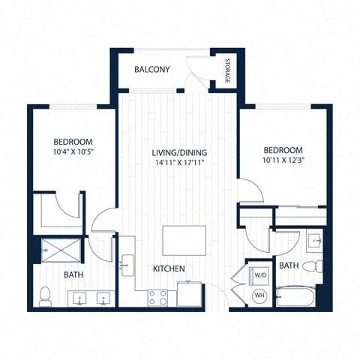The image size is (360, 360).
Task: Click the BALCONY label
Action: tap(151, 70)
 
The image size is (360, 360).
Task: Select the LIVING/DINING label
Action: tap(179, 153)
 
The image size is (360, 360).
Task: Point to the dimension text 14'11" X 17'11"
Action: tap(179, 163)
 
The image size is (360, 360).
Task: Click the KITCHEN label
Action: tap(169, 268)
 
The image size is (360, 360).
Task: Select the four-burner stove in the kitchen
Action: tap(157, 298)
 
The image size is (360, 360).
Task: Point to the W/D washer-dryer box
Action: tap(260, 274)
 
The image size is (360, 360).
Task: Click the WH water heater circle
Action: tap(259, 295)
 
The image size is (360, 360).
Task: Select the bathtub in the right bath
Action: tap(295, 298)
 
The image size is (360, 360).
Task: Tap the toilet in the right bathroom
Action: tap(318, 265)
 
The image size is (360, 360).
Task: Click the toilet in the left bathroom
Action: tap(45, 295)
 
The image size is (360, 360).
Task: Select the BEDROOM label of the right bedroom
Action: tap(283, 150)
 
